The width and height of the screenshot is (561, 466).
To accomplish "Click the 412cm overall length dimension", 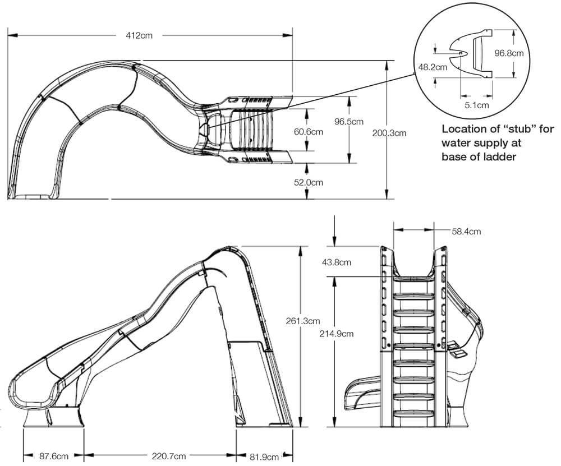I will [x=138, y=35].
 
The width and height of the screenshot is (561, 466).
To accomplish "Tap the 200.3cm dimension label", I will [x=389, y=133].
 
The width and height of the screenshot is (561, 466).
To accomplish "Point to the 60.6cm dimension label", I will [x=308, y=132].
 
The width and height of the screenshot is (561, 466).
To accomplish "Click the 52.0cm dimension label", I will [x=308, y=182].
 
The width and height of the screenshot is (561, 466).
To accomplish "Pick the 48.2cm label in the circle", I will [x=433, y=66].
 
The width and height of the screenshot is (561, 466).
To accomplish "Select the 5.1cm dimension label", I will [x=477, y=104].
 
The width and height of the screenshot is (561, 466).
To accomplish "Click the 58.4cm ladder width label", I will [x=466, y=230].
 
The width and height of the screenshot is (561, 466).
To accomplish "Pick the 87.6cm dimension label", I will [x=54, y=455].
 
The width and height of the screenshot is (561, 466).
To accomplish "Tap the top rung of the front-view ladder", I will [x=413, y=278].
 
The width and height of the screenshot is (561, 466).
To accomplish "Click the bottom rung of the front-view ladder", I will [x=413, y=414].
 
